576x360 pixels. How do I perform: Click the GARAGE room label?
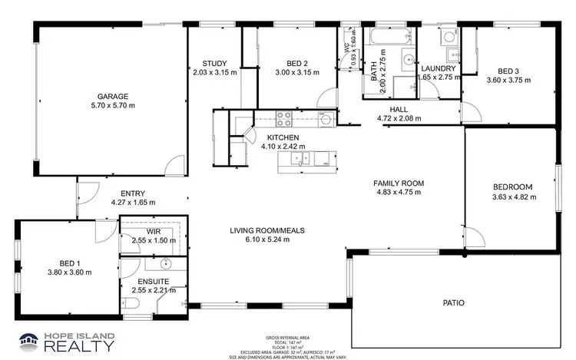point(112,97)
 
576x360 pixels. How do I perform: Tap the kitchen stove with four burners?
point(283,119)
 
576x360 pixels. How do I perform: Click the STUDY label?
point(214,63)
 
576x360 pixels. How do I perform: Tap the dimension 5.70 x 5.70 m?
point(112,107)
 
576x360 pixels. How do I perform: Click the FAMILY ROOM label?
point(399,183)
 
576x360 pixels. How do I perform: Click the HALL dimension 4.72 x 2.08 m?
point(399,119)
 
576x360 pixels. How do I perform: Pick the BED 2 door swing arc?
point(327,97)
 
